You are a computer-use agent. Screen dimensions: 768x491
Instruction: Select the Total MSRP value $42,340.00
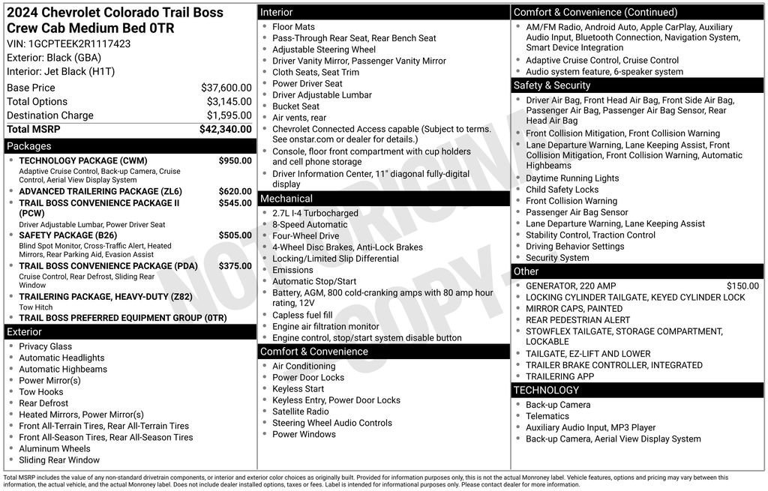(x=225, y=129)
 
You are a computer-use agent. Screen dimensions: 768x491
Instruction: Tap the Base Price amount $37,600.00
(x=226, y=88)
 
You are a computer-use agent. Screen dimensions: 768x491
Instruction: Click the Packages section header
(x=28, y=146)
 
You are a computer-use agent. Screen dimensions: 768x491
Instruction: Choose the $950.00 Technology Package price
(x=235, y=160)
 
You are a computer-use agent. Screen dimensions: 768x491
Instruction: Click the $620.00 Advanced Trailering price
(x=235, y=191)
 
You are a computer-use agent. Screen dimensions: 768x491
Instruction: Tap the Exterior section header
(x=24, y=332)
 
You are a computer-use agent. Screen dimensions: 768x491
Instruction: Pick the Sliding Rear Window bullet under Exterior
(x=59, y=460)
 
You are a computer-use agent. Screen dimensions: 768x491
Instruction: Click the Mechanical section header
(x=286, y=199)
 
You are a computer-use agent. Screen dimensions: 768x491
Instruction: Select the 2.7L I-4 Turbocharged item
(x=315, y=214)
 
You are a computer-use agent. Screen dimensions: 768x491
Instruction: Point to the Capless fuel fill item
(x=302, y=315)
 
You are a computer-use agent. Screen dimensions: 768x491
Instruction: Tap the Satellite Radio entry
(x=300, y=412)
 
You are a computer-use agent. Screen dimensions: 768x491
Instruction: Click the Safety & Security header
(x=551, y=85)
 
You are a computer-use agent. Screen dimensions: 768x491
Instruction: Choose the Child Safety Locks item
(x=562, y=190)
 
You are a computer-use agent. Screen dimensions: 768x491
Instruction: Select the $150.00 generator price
(x=742, y=286)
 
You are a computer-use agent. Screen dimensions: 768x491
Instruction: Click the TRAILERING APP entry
(x=559, y=376)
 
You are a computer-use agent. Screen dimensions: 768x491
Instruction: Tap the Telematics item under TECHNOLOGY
(x=547, y=416)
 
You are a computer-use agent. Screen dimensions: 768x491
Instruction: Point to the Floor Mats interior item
(x=293, y=27)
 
